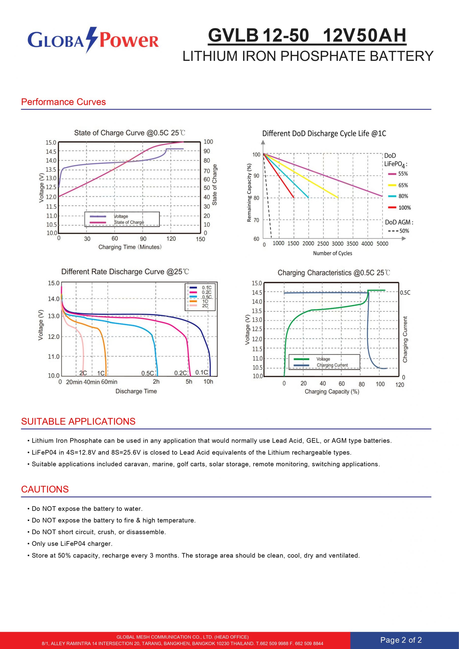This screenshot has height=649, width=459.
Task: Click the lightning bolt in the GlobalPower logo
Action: click(x=91, y=40)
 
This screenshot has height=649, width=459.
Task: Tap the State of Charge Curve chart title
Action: click(x=130, y=133)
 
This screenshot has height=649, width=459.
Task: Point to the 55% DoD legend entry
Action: click(x=398, y=174)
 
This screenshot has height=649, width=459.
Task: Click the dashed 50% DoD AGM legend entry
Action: click(x=398, y=231)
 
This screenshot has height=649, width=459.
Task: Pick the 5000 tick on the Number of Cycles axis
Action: click(x=382, y=244)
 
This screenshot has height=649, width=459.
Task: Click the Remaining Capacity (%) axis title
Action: click(x=249, y=192)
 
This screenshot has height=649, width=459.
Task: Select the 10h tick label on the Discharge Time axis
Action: click(x=208, y=382)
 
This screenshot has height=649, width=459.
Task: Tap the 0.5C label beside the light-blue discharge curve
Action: click(x=148, y=373)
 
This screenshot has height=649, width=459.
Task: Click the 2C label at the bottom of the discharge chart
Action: click(x=83, y=373)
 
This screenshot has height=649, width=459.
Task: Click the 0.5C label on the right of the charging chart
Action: click(x=405, y=293)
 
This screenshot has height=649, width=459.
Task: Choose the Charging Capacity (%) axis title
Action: click(x=332, y=391)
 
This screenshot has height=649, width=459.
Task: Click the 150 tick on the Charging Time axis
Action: click(x=200, y=239)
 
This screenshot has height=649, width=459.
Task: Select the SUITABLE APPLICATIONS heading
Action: click(x=78, y=421)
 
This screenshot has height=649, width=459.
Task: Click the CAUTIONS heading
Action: click(x=45, y=489)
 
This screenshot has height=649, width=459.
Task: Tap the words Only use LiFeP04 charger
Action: click(x=72, y=544)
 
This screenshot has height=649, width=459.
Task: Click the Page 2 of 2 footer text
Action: click(x=401, y=640)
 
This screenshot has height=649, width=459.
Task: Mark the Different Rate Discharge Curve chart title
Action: click(x=125, y=272)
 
